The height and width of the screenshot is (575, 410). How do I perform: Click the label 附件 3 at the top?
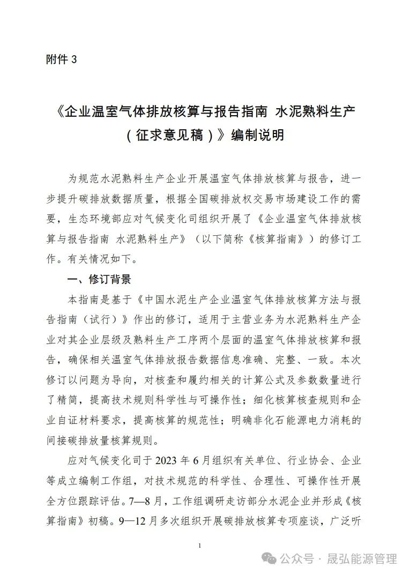coord(62,60)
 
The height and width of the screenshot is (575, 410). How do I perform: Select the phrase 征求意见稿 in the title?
coord(170,135)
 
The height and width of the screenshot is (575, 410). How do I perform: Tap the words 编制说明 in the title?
coord(257,135)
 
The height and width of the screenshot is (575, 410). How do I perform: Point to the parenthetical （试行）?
coord(105,320)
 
